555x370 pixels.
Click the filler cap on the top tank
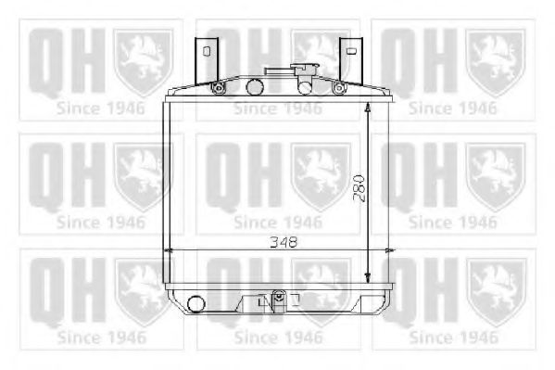tap(289, 70)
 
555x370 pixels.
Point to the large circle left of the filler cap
tap(254, 88)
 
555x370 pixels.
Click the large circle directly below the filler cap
tap(305, 88)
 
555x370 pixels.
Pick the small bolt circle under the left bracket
tap(218, 88)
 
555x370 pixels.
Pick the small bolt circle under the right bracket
tap(339, 88)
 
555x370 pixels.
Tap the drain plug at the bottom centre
tap(277, 299)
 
